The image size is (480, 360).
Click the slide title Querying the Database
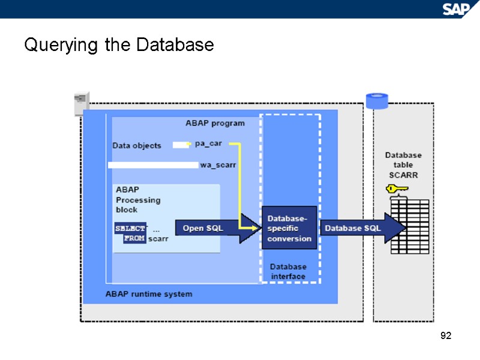(119, 45)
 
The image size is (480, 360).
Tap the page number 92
(445, 335)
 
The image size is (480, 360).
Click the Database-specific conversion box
(289, 228)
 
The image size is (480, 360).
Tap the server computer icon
(81, 104)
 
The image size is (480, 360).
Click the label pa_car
(208, 144)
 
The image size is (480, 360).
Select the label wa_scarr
(217, 164)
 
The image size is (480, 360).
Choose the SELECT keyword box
(130, 229)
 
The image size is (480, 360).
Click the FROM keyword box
(134, 239)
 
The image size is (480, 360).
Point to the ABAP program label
(215, 123)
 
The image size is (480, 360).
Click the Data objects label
(137, 146)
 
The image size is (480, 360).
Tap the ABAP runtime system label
(149, 294)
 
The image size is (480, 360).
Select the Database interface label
(288, 271)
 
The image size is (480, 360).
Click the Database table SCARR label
(403, 165)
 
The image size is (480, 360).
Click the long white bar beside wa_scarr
(153, 165)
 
